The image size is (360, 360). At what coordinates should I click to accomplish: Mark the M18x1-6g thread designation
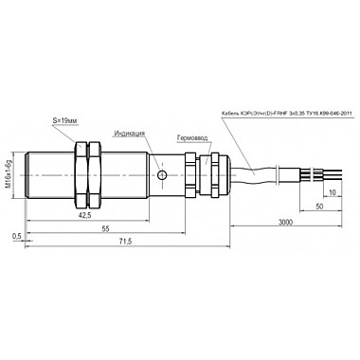[x=12, y=172]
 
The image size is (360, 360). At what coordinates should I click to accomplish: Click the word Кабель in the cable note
[x=228, y=112]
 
